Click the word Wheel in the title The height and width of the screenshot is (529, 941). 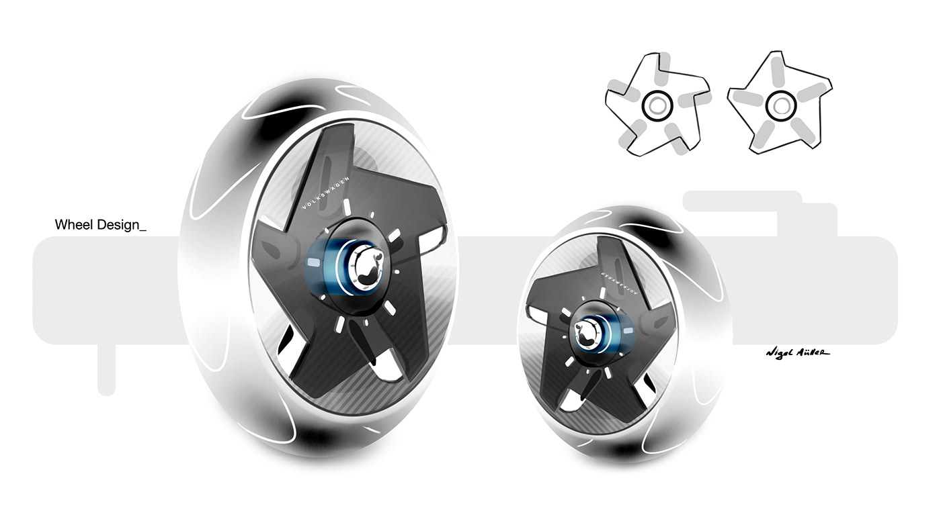pos(74,226)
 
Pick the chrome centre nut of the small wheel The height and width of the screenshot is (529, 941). pos(587,332)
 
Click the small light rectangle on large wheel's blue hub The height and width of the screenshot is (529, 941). pos(313,259)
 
